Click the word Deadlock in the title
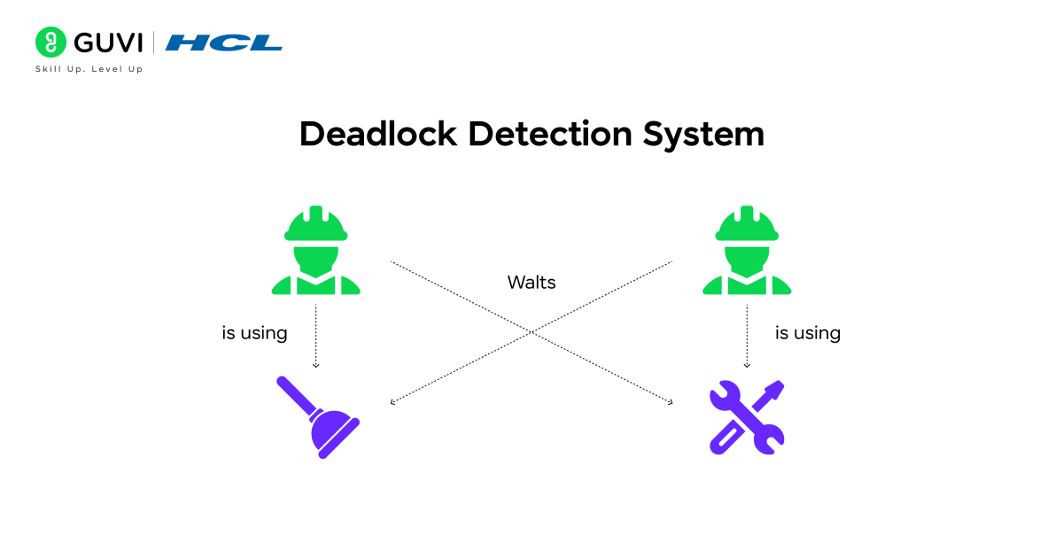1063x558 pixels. (x=377, y=135)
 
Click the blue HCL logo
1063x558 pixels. (x=223, y=43)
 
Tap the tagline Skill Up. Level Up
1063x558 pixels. (x=89, y=69)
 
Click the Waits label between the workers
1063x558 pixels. (x=531, y=283)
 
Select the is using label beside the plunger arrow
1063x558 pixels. (x=254, y=334)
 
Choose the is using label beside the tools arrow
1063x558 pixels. (x=807, y=334)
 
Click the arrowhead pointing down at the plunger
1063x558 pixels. (x=316, y=364)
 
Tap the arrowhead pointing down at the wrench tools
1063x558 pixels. (x=747, y=364)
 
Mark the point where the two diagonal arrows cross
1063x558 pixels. (x=531, y=333)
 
